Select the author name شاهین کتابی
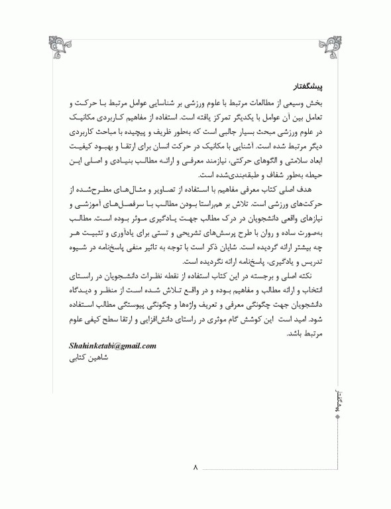(x=87, y=359)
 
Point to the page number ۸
(x=195, y=469)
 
